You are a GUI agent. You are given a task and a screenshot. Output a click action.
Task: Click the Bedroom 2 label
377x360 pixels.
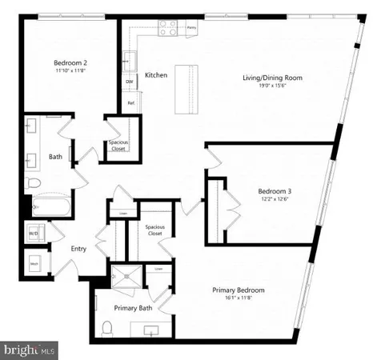coord(70,62)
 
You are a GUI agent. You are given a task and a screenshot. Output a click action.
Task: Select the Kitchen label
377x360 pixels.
coord(155,76)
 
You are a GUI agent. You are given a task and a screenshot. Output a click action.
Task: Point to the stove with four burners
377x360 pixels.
coord(168,28)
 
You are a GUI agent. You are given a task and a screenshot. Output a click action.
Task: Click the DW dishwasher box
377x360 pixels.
coord(129,82)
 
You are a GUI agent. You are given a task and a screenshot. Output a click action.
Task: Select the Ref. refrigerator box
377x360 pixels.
coord(130,102)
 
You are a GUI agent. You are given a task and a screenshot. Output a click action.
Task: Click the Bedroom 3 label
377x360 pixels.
coord(275,190)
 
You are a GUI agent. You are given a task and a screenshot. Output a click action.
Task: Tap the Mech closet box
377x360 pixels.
coord(36,261)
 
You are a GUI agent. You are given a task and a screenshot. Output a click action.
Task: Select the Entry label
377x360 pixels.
coord(78,248)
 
